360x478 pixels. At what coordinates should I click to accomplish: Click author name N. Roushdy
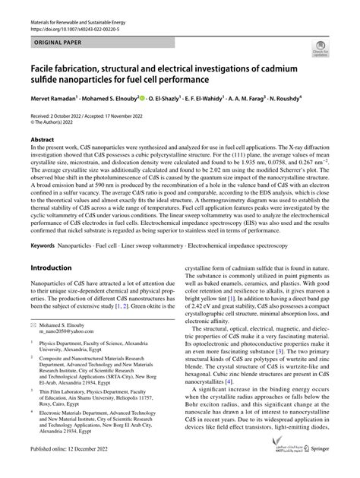pos(285,98)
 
